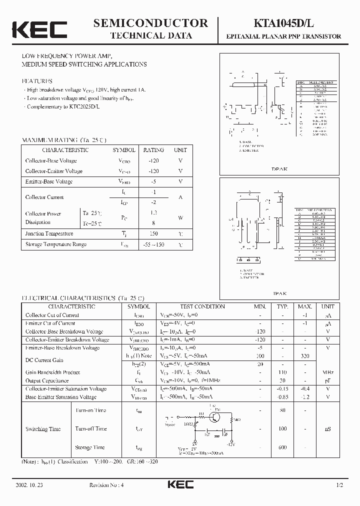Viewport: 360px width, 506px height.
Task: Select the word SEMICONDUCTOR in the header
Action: pos(150,23)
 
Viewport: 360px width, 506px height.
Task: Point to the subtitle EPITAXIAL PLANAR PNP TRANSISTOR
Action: pos(283,36)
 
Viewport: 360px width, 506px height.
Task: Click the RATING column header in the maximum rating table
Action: pos(153,150)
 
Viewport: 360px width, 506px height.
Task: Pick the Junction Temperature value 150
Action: pos(153,233)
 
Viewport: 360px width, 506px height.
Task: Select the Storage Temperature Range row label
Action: pos(55,244)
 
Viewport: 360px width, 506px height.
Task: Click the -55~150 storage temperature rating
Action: pos(153,244)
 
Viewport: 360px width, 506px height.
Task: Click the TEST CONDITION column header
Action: pos(202,306)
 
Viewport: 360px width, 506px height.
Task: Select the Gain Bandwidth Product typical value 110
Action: pos(282,372)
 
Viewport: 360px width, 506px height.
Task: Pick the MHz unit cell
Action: pos(328,372)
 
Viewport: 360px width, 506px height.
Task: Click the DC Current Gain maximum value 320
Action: pos(305,356)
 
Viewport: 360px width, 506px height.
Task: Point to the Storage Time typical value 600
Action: pos(282,447)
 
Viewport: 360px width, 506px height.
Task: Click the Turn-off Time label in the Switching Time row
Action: pos(91,429)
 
